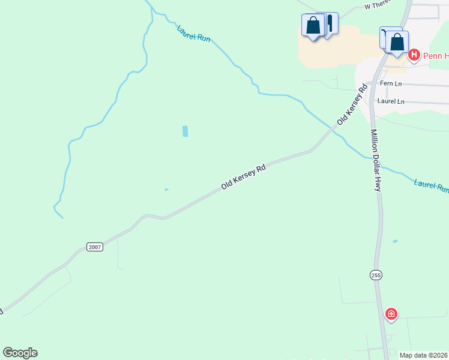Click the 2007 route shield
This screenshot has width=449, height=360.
pos(95,247)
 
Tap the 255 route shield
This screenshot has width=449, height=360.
pos(375,275)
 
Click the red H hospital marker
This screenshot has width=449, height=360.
pos(414,56)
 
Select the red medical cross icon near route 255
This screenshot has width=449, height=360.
pos(391,314)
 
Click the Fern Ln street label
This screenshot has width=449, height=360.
pos(390,85)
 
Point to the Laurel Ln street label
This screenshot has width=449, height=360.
pos(391,101)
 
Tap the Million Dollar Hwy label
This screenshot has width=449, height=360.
pos(376,161)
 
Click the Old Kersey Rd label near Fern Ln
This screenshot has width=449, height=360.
pos(352,105)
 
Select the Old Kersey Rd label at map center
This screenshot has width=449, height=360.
pos(243,178)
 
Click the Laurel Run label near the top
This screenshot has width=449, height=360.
pos(194,33)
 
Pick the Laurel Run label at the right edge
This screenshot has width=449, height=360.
pos(432,185)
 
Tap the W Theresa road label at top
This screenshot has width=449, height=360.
pos(378,5)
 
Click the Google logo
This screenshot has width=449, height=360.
pos(20,353)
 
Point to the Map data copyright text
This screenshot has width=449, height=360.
pos(424,355)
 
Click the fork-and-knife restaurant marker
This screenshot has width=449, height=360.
pos(329,23)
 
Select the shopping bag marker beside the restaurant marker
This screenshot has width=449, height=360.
pos(313,26)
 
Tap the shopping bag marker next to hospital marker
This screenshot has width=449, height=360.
pos(397,42)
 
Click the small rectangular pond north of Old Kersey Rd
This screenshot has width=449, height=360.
pos(185,131)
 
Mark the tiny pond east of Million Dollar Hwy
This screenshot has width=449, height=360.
pos(394,241)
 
